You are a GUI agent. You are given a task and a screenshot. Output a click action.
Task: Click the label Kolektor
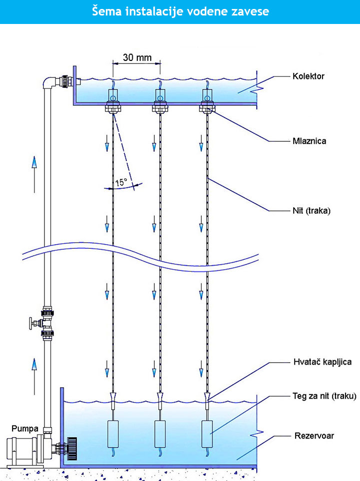(x=309, y=76)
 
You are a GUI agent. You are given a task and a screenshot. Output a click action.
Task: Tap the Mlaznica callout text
(x=309, y=141)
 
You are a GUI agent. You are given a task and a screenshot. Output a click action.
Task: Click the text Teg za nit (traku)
(x=324, y=396)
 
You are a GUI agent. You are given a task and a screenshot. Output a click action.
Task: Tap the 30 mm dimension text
(x=136, y=57)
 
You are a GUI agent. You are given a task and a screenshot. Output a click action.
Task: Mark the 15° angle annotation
(x=121, y=183)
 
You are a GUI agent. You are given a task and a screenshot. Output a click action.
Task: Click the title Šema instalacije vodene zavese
(x=180, y=11)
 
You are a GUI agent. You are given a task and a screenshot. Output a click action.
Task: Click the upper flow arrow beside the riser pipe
(x=34, y=164)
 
